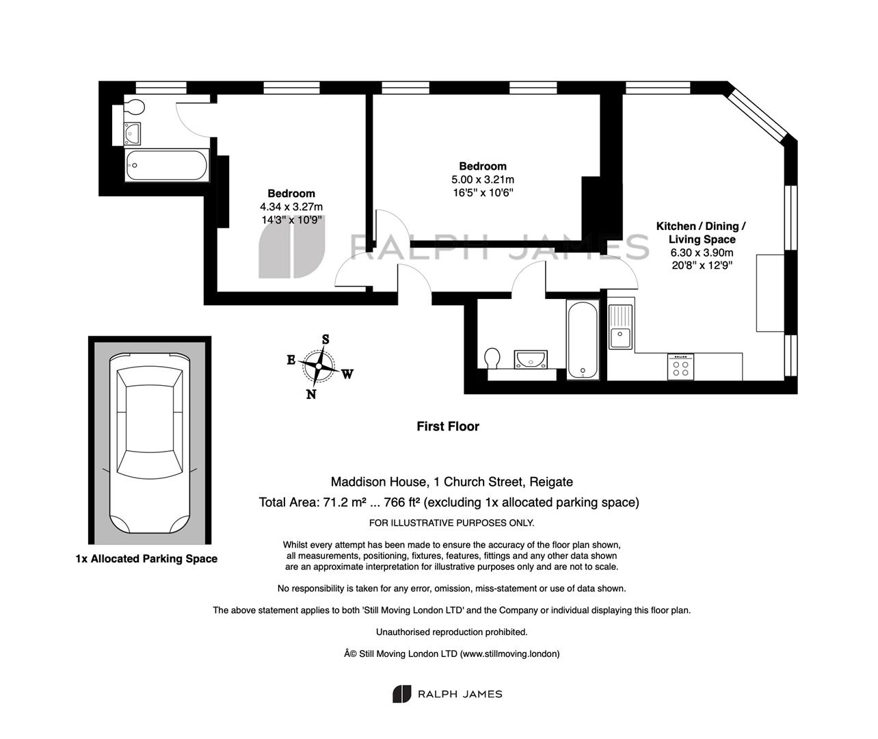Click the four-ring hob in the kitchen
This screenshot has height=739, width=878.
click(x=680, y=367)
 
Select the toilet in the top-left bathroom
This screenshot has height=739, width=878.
click(x=135, y=107)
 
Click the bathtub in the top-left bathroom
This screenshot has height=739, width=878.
click(x=167, y=166)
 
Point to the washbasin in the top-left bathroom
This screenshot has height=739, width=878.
click(x=132, y=134)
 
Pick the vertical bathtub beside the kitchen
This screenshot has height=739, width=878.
click(x=583, y=339)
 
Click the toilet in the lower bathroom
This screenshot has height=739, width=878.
click(x=492, y=358)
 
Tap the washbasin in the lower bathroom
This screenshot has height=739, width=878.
click(x=531, y=359)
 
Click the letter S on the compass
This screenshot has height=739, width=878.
click(x=325, y=339)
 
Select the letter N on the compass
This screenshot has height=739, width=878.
click(x=311, y=394)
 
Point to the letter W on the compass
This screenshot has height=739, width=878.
click(x=347, y=374)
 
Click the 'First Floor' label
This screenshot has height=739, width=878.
click(x=448, y=426)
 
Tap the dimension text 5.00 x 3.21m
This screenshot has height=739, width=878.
click(x=483, y=180)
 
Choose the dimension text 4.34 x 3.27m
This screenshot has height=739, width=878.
click(x=291, y=207)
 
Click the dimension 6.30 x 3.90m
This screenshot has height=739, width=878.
click(x=702, y=252)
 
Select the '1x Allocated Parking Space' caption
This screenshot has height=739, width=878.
click(x=146, y=558)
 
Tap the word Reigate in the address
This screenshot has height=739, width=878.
click(x=551, y=482)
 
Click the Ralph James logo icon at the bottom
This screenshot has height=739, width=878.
click(x=401, y=694)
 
